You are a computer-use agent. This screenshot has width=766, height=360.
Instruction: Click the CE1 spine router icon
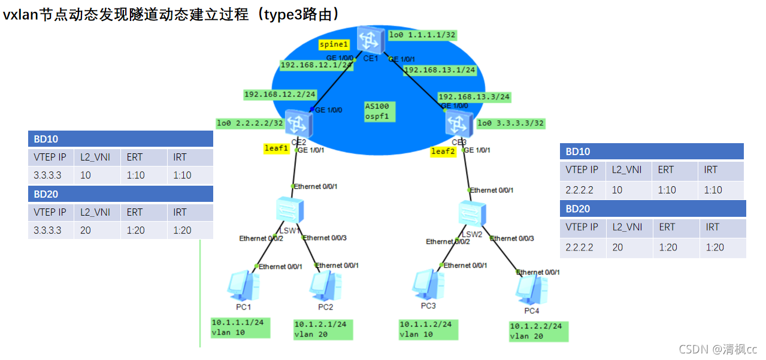coord(367,40)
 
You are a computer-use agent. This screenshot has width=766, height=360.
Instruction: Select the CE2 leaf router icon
coord(296,123)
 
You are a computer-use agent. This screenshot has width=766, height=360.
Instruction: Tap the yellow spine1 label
coord(334,44)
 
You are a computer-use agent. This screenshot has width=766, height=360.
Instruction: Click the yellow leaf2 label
coord(443,152)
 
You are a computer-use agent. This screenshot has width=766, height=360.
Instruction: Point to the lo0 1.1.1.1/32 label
coord(422,35)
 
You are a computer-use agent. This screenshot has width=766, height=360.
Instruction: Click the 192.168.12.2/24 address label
coord(280,95)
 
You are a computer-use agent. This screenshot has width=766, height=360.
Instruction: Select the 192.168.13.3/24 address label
coord(474,96)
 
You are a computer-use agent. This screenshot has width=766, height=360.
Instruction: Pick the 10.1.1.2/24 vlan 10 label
coord(428,329)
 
